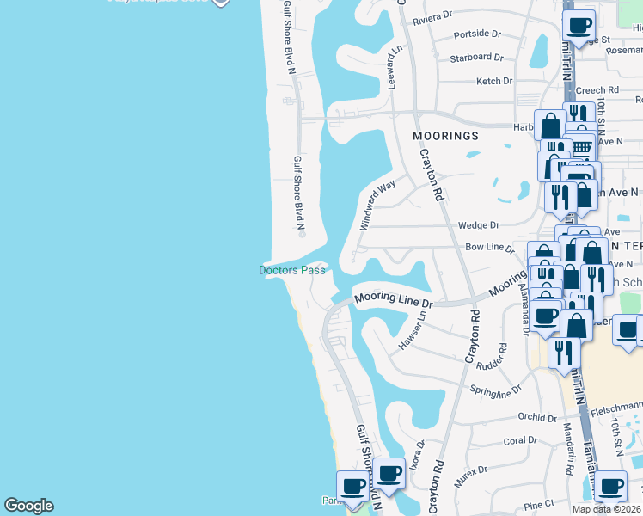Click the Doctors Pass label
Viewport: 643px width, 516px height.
pyautogui.click(x=292, y=270)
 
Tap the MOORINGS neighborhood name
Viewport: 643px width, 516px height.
pyautogui.click(x=444, y=136)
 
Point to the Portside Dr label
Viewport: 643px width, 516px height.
pyautogui.click(x=477, y=34)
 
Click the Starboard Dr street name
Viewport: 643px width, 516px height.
pyautogui.click(x=475, y=58)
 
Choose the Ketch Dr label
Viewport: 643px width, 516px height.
pyautogui.click(x=494, y=82)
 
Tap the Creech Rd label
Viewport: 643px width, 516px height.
pyautogui.click(x=597, y=89)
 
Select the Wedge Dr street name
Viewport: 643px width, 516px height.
pyautogui.click(x=479, y=225)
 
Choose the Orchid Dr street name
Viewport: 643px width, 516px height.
pyautogui.click(x=537, y=417)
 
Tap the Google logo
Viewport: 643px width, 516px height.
pyautogui.click(x=28, y=506)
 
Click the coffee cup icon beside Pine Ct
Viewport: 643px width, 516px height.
pyautogui.click(x=610, y=487)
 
